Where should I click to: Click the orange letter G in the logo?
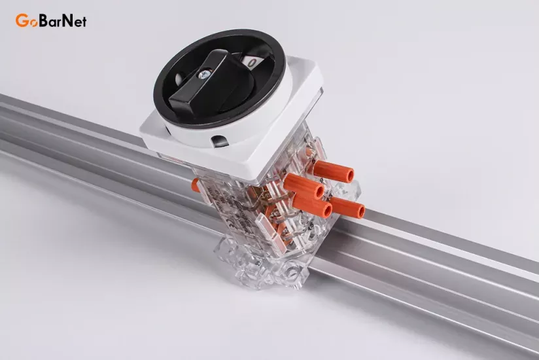[22, 21]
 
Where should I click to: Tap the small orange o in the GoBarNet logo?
[33, 23]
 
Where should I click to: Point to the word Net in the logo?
[75, 21]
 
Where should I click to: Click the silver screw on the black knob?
[205, 73]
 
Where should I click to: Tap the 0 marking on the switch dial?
[252, 63]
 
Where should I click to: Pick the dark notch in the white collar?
[219, 141]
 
